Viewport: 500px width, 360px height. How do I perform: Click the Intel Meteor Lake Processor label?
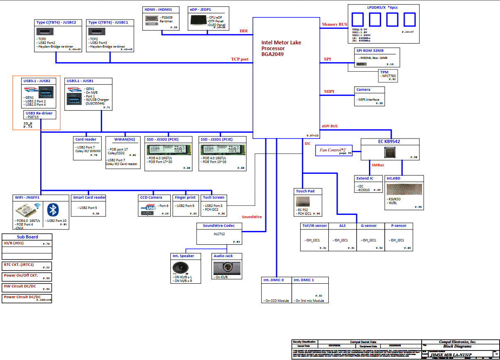point(281,48)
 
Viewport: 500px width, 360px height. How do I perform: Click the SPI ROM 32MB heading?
point(373,51)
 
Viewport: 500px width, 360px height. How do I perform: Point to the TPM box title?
point(384,72)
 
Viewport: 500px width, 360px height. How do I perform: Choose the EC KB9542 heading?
point(389,141)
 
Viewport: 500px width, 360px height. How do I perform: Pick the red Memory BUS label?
point(334,24)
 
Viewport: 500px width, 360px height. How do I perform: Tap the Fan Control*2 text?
point(335,148)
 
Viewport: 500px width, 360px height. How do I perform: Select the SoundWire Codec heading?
point(218,226)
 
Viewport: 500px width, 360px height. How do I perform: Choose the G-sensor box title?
point(369,226)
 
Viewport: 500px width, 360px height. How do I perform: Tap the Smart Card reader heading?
point(89,197)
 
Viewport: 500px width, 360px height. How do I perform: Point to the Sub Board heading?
point(27,237)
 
